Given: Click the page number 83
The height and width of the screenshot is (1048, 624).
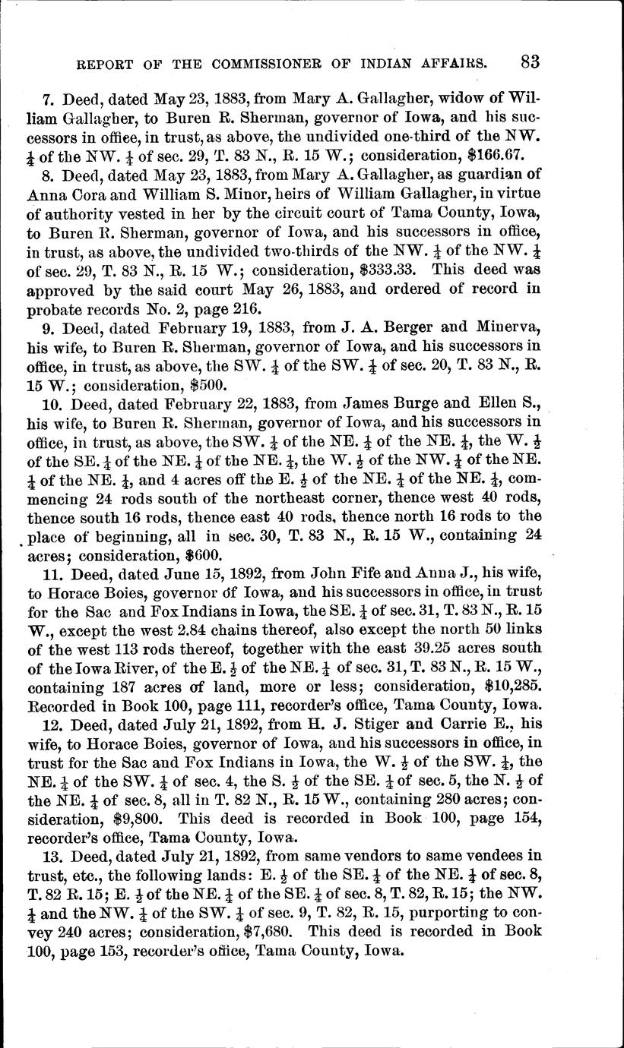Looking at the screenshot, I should pyautogui.click(x=526, y=61).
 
